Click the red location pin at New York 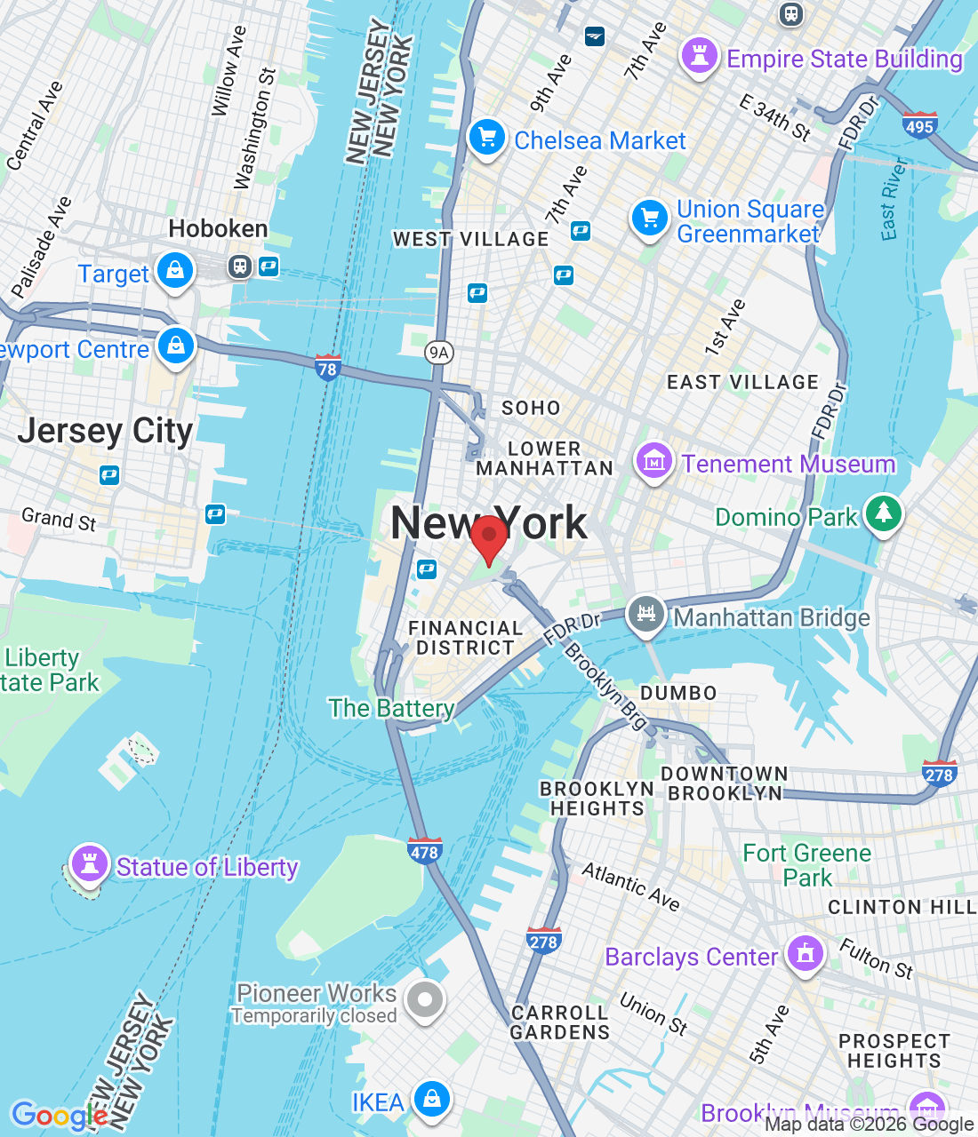pyautogui.click(x=488, y=537)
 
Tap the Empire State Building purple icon pyautogui.click(x=699, y=56)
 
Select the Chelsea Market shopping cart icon pyautogui.click(x=486, y=138)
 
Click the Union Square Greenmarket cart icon pyautogui.click(x=650, y=218)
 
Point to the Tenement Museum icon pyautogui.click(x=653, y=461)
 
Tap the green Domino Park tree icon pyautogui.click(x=883, y=513)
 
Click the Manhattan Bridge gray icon pyautogui.click(x=646, y=614)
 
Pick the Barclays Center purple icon pyautogui.click(x=806, y=953)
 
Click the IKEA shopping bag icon pyautogui.click(x=432, y=1099)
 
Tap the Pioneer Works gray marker pyautogui.click(x=425, y=999)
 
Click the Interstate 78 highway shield pyautogui.click(x=327, y=367)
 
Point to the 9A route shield pyautogui.click(x=438, y=353)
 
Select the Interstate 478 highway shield pyautogui.click(x=424, y=851)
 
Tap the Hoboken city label pyautogui.click(x=218, y=228)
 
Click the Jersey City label pyautogui.click(x=105, y=431)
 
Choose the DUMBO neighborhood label pyautogui.click(x=678, y=693)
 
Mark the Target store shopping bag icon pyautogui.click(x=175, y=270)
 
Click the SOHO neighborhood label pyautogui.click(x=531, y=408)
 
